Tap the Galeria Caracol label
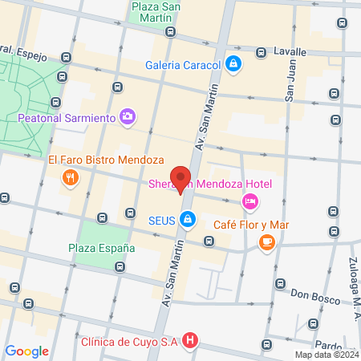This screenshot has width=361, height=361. [183, 65]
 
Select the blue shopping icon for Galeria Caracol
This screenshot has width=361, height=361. [233, 64]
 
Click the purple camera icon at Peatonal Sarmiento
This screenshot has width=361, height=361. [127, 117]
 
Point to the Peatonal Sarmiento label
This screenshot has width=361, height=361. [67, 118]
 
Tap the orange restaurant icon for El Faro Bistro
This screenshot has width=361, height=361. [71, 178]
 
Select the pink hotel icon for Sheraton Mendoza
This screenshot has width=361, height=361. [249, 201]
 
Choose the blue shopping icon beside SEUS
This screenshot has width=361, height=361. [187, 218]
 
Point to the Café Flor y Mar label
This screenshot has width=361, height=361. [250, 225]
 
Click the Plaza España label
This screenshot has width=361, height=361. [101, 248]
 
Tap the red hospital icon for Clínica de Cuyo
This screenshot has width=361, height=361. [189, 341]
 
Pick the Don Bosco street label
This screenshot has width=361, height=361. [310, 294]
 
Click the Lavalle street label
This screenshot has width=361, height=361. [290, 51]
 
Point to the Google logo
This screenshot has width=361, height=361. [27, 351]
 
